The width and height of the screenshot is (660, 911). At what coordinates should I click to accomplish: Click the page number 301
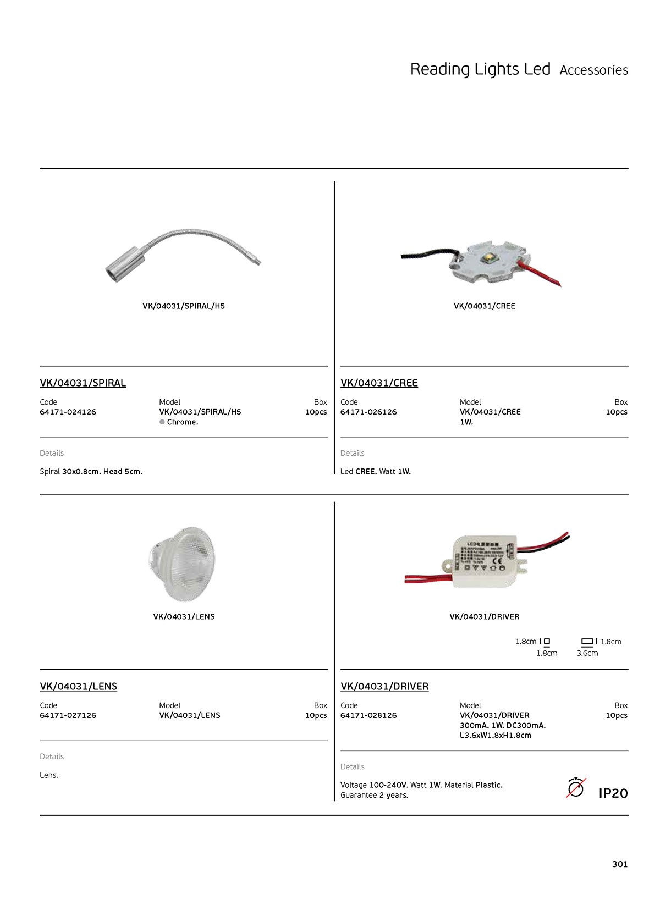click(619, 864)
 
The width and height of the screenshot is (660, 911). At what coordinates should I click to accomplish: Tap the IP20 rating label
click(613, 793)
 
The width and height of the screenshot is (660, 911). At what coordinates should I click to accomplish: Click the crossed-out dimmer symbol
click(575, 788)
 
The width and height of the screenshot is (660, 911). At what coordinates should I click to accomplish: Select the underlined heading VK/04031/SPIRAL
click(83, 383)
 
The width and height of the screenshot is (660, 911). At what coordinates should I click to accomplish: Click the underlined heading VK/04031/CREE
click(379, 383)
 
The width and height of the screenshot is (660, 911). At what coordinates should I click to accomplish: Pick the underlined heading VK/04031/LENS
click(79, 686)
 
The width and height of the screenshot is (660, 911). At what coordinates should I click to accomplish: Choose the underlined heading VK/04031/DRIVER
click(384, 686)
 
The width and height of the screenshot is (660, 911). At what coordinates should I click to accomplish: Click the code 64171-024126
click(68, 412)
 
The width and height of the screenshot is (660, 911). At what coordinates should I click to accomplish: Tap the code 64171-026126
click(369, 412)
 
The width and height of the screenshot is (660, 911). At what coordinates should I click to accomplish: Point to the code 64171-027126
click(68, 715)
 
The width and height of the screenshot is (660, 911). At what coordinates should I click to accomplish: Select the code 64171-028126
click(369, 715)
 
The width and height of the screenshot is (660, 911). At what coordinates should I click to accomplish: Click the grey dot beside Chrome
click(162, 422)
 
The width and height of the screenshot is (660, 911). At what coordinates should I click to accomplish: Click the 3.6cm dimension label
click(587, 653)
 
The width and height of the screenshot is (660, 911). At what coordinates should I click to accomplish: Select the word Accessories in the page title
click(593, 70)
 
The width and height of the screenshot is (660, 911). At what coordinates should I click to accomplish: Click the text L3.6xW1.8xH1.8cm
click(496, 735)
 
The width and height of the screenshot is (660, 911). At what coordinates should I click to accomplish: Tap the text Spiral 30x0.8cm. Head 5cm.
click(91, 471)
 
